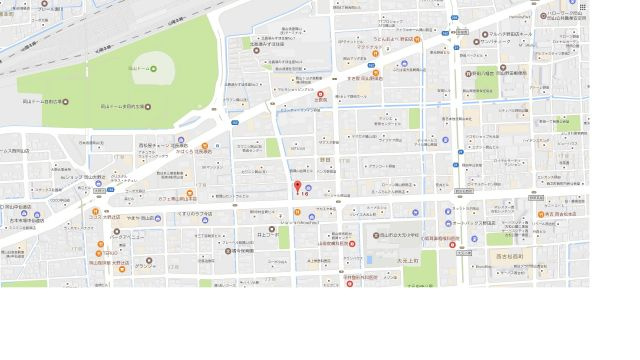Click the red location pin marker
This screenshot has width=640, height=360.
(x=296, y=186)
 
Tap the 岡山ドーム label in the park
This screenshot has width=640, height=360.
(x=144, y=69)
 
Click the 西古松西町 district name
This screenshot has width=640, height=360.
(x=509, y=257)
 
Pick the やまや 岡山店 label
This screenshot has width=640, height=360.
(x=139, y=217)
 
